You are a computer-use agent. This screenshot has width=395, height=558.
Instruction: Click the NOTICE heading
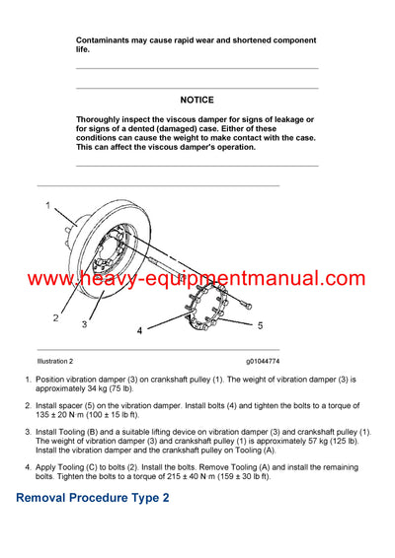coord(197,100)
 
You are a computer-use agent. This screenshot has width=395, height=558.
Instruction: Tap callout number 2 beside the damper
coord(55,318)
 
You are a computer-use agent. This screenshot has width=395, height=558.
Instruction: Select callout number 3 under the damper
coord(84,323)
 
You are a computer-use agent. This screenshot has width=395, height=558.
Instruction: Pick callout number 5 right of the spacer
coord(261,323)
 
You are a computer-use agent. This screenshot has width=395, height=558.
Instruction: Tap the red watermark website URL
coord(197,279)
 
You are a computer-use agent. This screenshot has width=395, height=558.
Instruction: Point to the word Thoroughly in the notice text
coord(102,120)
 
